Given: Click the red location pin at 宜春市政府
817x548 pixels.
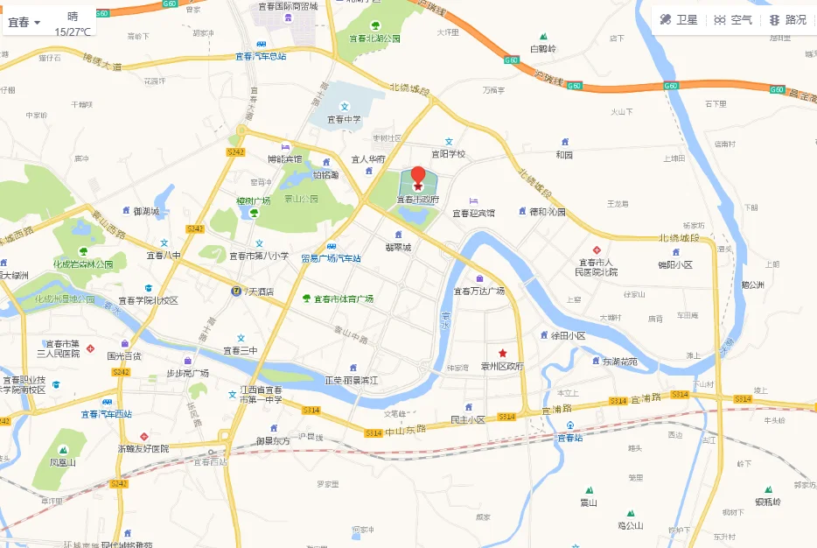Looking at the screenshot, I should (418, 177).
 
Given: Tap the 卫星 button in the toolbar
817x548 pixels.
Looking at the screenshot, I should (679, 19).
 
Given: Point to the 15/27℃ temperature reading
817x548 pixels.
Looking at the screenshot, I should (73, 32).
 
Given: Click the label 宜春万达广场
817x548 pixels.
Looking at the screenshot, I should (478, 291).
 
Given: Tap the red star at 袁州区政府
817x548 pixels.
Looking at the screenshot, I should (502, 353).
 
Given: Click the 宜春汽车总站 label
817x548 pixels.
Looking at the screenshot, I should (261, 56).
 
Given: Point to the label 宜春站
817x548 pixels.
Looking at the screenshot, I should (569, 437).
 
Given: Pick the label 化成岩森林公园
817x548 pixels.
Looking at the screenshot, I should (83, 264).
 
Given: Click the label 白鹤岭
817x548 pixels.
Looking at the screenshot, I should (543, 48).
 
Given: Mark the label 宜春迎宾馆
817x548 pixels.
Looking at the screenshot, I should (473, 213).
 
